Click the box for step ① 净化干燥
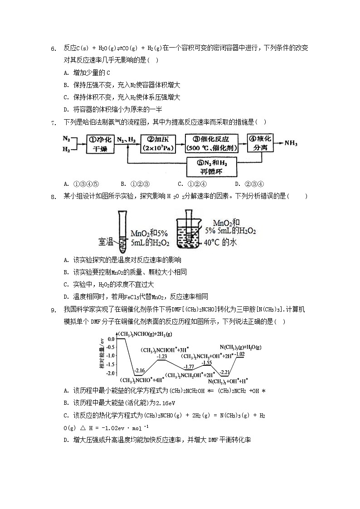point(100,145)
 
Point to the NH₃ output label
point(291,143)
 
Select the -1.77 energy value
point(189,366)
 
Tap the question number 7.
point(53,122)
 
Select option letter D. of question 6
point(66,109)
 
